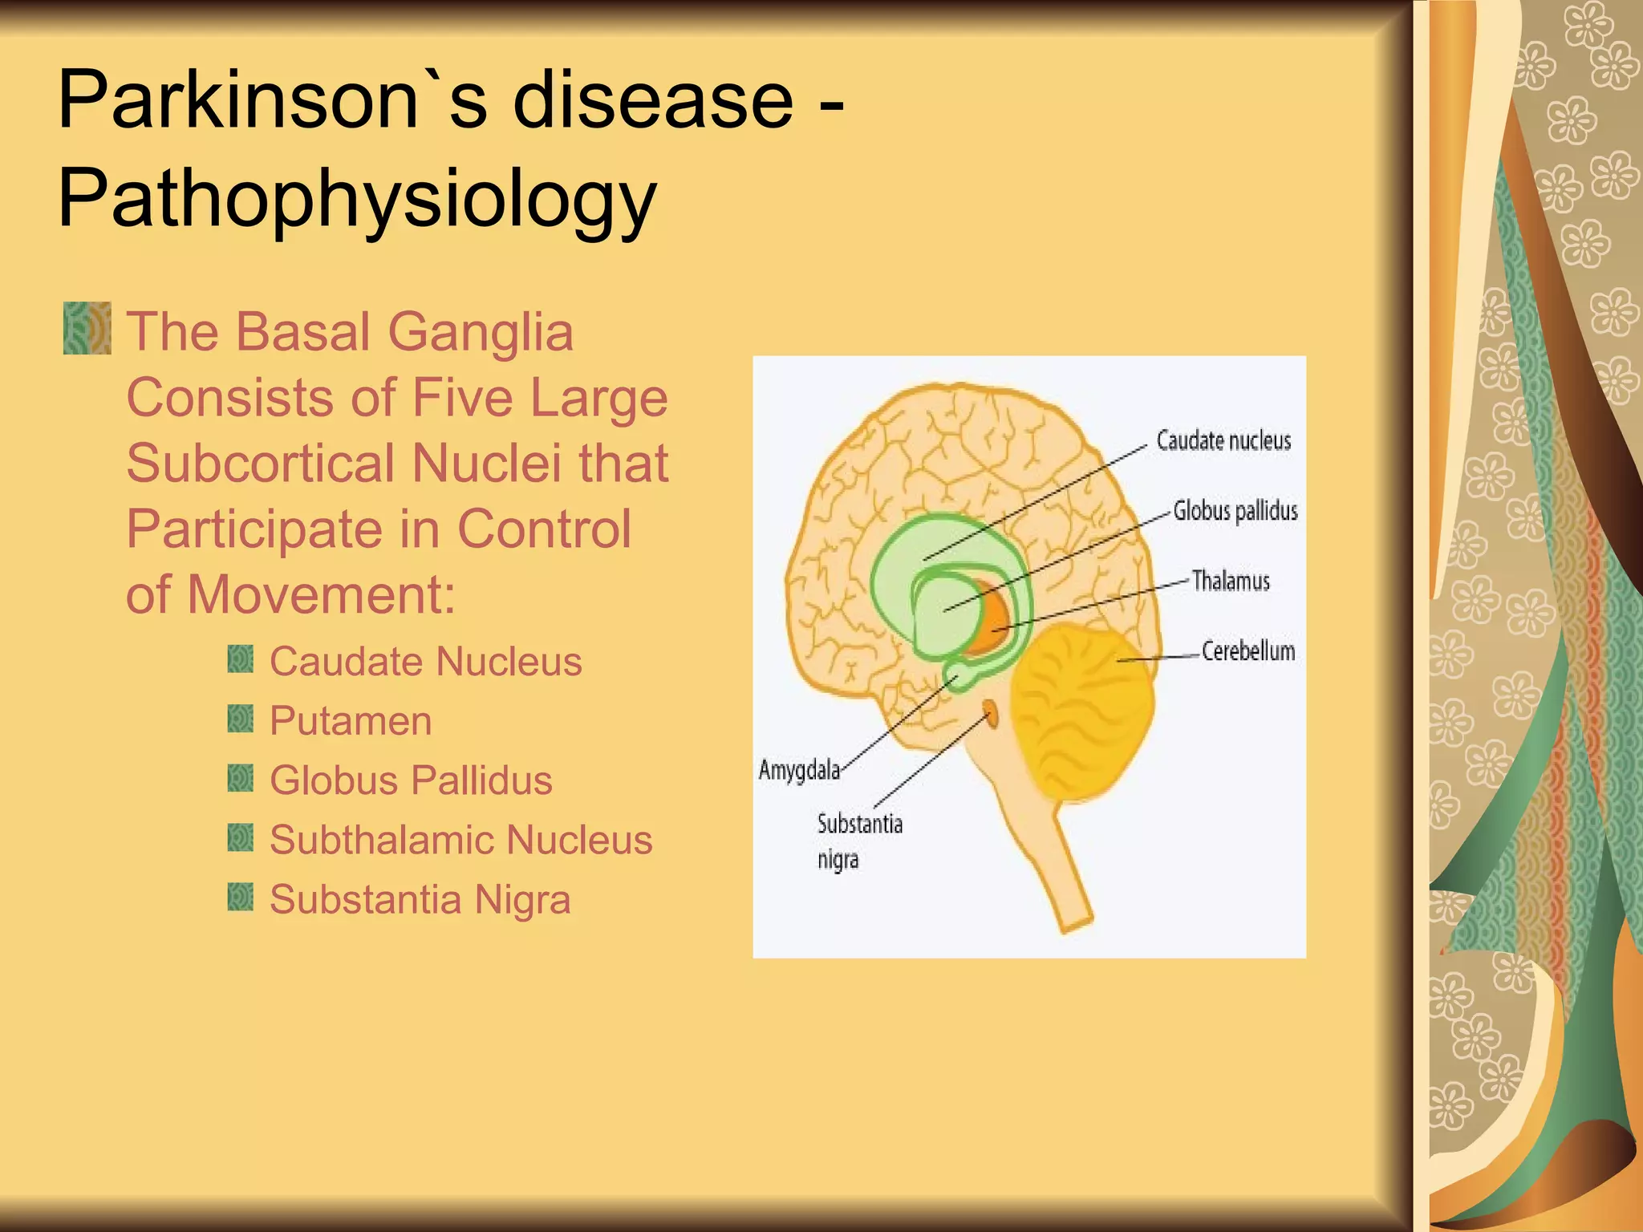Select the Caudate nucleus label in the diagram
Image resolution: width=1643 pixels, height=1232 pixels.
1223,440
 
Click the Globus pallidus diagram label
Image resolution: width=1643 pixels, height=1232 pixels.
1235,511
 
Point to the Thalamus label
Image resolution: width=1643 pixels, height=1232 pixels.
1230,581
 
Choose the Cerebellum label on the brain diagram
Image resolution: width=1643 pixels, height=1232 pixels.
1247,650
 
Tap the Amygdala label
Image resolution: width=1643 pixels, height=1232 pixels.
799,770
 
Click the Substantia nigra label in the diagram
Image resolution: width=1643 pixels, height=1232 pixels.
858,841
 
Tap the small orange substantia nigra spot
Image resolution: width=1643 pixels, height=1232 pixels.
991,712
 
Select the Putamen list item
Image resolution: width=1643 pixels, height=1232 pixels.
351,720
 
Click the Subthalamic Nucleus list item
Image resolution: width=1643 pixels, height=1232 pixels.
460,840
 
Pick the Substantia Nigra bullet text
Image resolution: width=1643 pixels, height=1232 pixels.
420,899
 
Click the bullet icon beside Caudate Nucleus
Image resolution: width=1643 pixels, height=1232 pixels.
240,660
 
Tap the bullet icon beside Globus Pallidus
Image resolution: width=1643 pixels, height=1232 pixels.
240,778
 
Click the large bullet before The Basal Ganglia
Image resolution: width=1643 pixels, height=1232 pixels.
87,328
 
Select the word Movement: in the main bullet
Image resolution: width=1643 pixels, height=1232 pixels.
321,595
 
